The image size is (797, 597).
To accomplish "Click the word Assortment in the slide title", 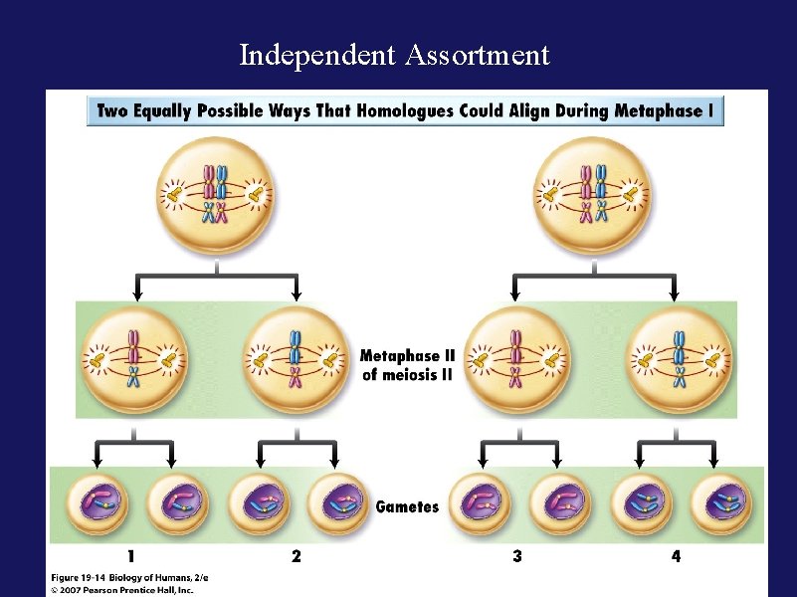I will point(477,56).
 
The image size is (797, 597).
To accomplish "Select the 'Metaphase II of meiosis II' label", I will point(407,365).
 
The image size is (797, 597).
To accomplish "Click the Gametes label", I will point(407,506).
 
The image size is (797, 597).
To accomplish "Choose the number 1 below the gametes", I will point(131,556).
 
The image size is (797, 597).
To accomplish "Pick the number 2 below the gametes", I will point(297,556).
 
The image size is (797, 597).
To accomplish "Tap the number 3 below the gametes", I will point(516,556).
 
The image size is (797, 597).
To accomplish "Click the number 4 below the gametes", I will point(677,556).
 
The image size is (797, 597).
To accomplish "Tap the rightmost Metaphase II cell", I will point(679,359).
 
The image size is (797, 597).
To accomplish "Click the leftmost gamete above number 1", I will point(96,504).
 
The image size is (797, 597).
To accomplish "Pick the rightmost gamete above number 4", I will point(720,504).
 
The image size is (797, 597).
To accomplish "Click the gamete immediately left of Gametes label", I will point(336,504).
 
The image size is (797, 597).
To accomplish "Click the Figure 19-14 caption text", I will point(129,577).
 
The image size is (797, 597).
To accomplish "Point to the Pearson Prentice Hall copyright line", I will point(122,589).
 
